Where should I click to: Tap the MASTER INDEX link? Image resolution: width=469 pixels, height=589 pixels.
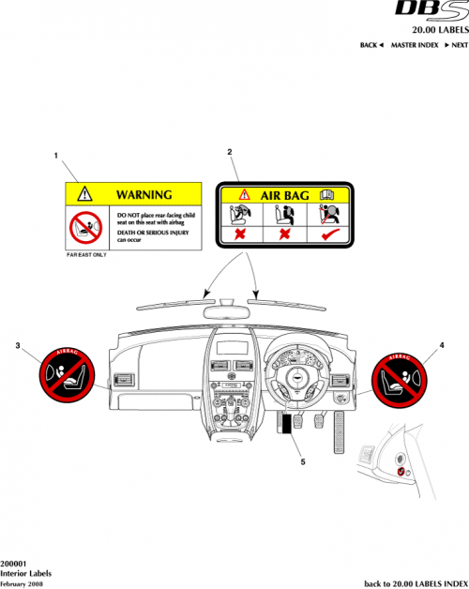point(414,45)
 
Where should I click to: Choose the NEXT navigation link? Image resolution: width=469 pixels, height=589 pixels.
point(455,45)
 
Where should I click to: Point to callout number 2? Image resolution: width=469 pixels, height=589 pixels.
point(230,151)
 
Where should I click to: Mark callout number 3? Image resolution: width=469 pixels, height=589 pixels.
point(19,345)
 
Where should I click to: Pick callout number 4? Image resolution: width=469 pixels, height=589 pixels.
point(441,346)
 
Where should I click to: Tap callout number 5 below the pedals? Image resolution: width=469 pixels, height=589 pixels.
point(301,461)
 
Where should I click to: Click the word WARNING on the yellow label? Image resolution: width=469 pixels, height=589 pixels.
point(144,195)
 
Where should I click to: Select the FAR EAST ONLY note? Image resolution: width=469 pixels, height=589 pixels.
point(86,254)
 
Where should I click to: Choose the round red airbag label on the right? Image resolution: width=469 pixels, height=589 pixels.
point(403,378)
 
